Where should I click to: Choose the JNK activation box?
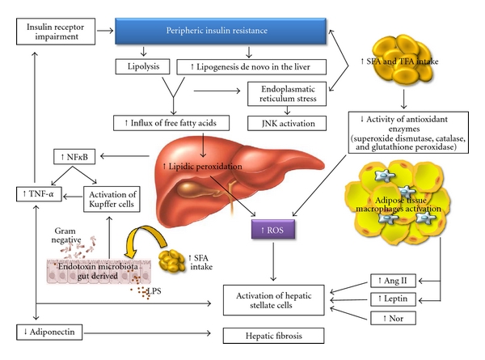(x=287, y=124)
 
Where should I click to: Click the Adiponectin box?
(x=48, y=332)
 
